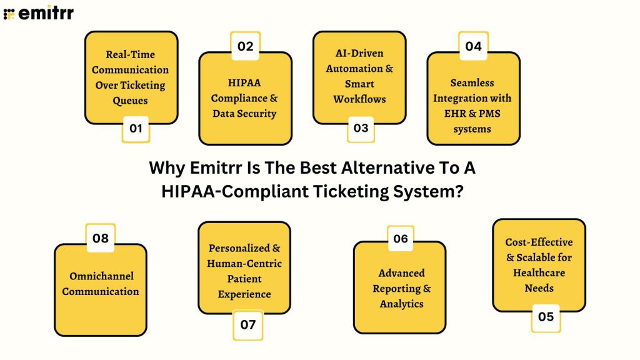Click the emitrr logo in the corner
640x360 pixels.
pyautogui.click(x=38, y=13)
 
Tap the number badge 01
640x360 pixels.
pyautogui.click(x=136, y=129)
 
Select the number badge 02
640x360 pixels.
pyautogui.click(x=245, y=46)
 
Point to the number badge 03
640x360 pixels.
pyautogui.click(x=361, y=129)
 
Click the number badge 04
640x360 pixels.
pyautogui.click(x=473, y=46)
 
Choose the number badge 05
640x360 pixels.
pyautogui.click(x=546, y=317)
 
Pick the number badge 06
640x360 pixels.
pyautogui.click(x=401, y=239)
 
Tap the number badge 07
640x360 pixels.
pyautogui.click(x=247, y=324)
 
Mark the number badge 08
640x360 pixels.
pyautogui.click(x=100, y=238)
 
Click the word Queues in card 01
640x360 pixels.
pyautogui.click(x=130, y=100)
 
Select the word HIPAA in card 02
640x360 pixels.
pyautogui.click(x=244, y=83)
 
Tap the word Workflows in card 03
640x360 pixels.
pyautogui.click(x=359, y=99)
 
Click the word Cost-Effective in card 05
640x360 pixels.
pyautogui.click(x=539, y=242)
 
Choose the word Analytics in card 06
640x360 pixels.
pyautogui.click(x=401, y=304)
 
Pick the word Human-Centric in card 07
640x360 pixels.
pyautogui.click(x=244, y=263)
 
